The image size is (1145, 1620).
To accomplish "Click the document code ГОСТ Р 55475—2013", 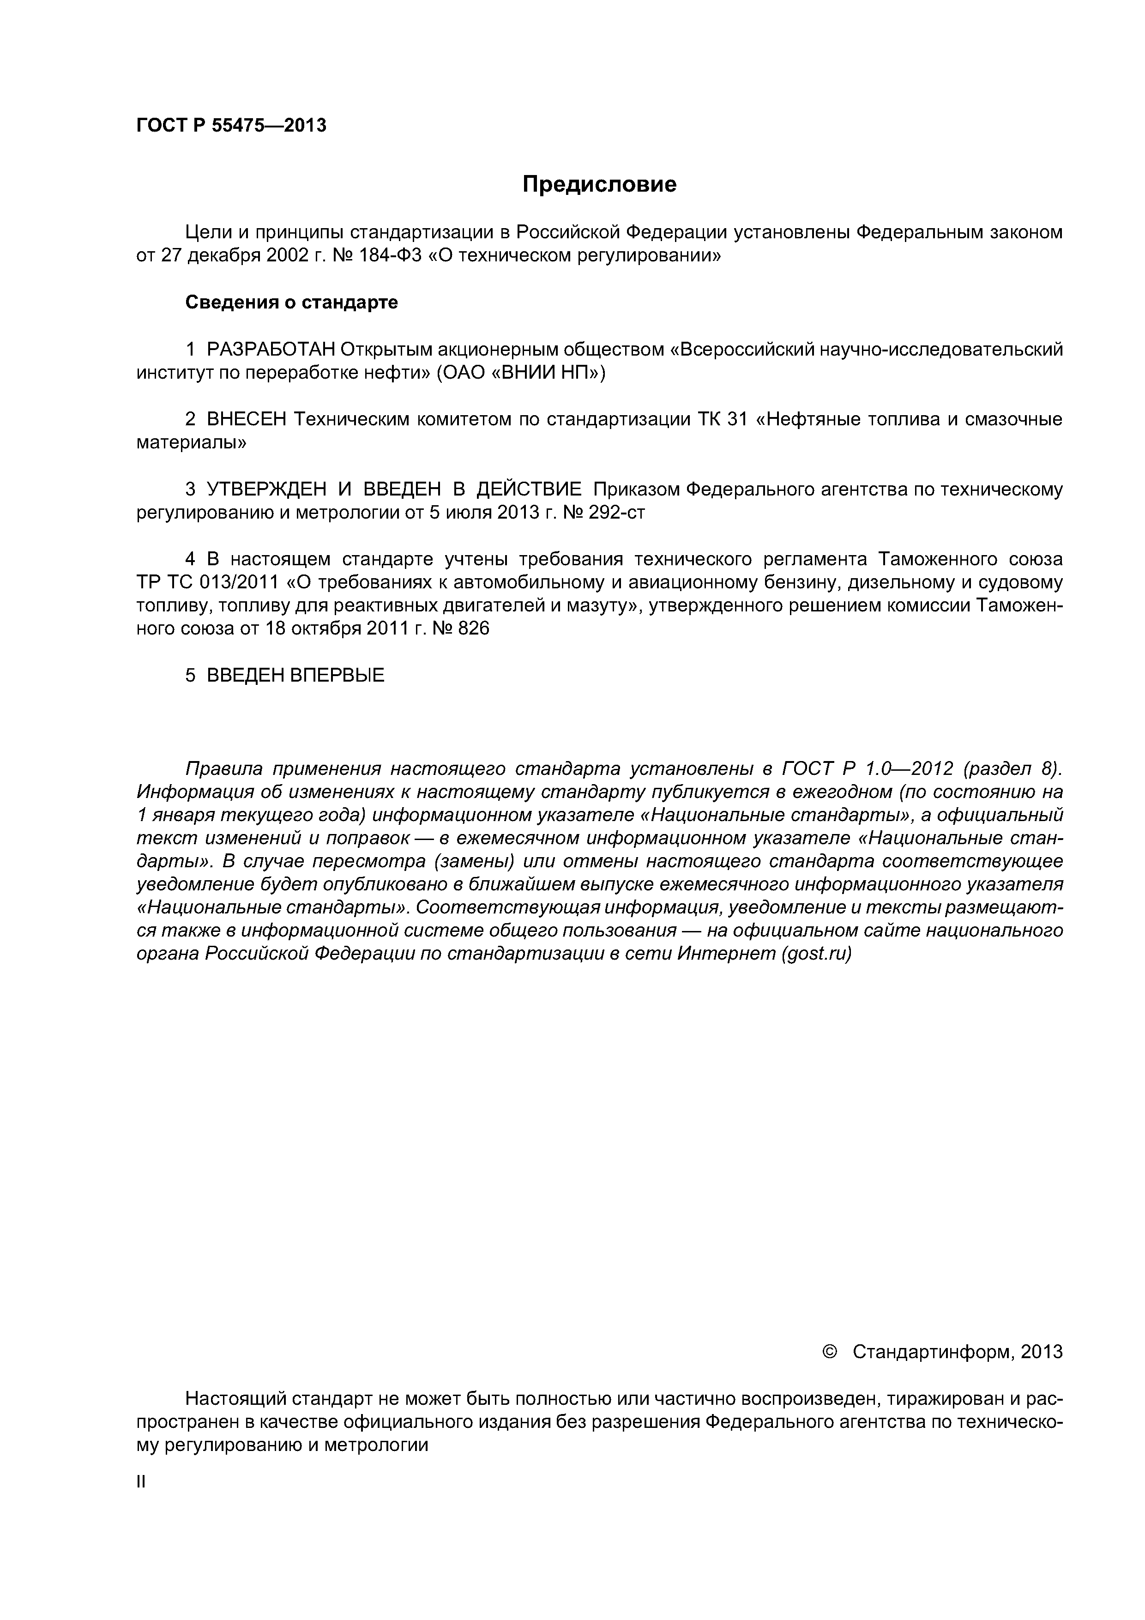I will pyautogui.click(x=231, y=126).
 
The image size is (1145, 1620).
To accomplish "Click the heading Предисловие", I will pyautogui.click(x=599, y=184).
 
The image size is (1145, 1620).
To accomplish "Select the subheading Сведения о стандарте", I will pyautogui.click(x=291, y=302).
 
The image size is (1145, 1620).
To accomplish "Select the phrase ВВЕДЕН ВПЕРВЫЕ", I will pyautogui.click(x=295, y=675).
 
